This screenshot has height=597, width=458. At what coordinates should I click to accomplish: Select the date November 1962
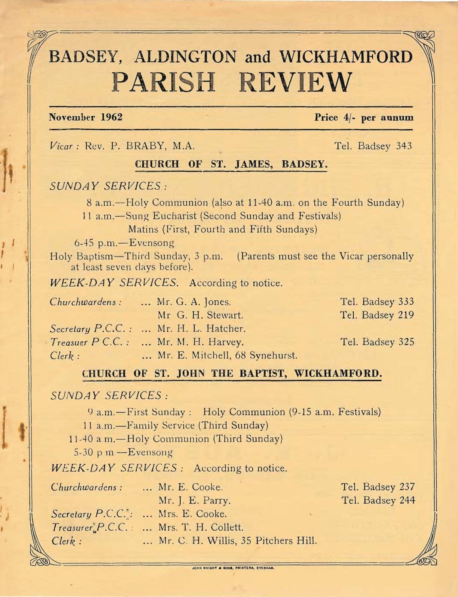click(86, 117)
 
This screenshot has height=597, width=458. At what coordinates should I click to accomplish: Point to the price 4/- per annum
click(364, 118)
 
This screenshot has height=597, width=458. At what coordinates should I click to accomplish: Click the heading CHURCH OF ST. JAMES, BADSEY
click(230, 164)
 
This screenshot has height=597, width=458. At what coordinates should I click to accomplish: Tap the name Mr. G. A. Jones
click(194, 302)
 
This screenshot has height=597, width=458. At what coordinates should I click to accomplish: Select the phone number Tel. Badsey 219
click(377, 315)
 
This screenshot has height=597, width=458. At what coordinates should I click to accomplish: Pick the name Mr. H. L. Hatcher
click(201, 329)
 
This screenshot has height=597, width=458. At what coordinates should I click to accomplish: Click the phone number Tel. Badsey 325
click(377, 342)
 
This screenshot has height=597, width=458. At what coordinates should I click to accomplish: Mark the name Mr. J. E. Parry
click(194, 501)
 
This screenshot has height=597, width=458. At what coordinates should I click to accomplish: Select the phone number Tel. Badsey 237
click(378, 487)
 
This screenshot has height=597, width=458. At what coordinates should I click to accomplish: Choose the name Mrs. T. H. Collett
click(201, 528)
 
